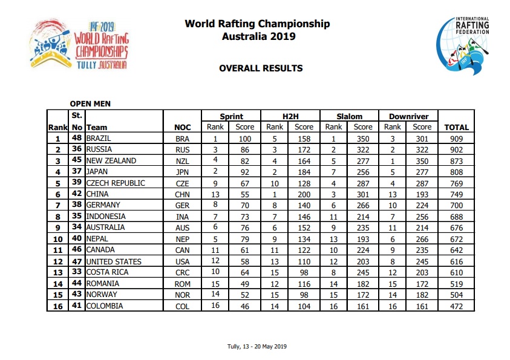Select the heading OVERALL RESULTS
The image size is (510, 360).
[x=261, y=68]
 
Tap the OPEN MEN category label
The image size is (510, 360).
[x=91, y=104]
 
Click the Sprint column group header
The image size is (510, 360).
[x=231, y=117]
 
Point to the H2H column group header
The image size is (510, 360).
[x=289, y=117]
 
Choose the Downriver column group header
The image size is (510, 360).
[x=408, y=117]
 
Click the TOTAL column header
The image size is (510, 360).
[x=456, y=128]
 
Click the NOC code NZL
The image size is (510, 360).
[x=182, y=162]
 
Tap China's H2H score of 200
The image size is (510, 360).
[x=304, y=194]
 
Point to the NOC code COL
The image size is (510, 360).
[x=182, y=306]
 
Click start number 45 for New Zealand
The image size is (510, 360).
[x=77, y=161]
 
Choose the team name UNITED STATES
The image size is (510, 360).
[x=114, y=261]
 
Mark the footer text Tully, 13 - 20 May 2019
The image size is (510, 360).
[x=255, y=347]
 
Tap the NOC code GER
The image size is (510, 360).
[x=182, y=206]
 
